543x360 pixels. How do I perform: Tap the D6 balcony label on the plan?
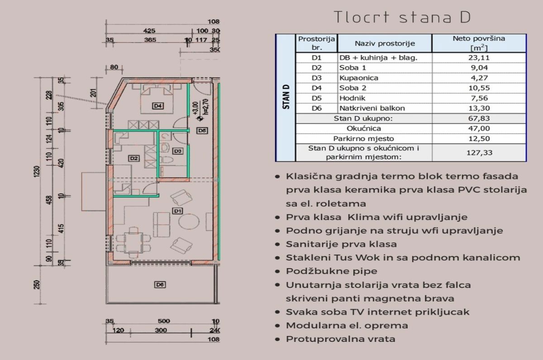(x=159, y=285)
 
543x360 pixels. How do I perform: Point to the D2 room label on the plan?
(x=133, y=158)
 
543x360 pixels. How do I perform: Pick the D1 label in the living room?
(x=177, y=211)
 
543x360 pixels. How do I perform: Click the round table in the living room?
(x=188, y=221)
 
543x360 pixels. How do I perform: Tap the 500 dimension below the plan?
(x=164, y=321)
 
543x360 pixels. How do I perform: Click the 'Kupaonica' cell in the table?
(x=359, y=78)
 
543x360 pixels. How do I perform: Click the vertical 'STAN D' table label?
(x=285, y=97)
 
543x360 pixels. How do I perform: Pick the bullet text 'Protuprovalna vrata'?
(x=340, y=339)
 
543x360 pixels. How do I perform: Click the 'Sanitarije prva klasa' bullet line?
(x=341, y=244)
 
